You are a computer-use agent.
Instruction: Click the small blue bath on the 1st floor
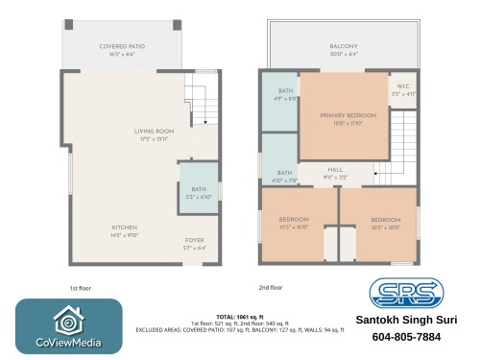199,193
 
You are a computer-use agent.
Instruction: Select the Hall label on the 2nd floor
335,170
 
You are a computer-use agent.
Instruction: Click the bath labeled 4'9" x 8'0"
278,94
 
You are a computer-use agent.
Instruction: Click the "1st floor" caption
81,287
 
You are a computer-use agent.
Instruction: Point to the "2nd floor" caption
270,287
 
